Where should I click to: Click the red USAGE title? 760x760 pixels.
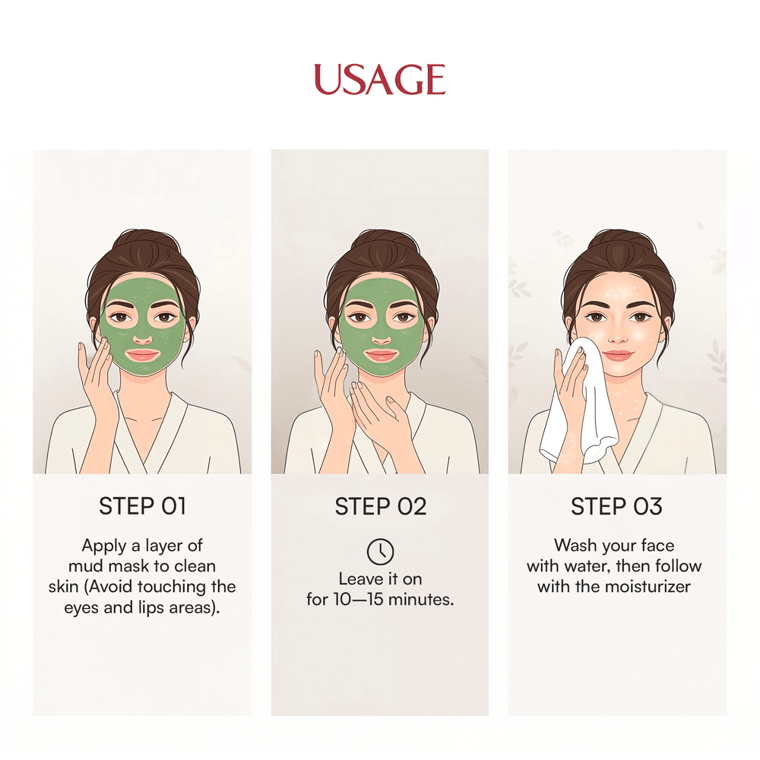tap(379, 79)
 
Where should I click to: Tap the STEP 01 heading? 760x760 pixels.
tap(143, 506)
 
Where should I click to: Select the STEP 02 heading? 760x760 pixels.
tap(381, 506)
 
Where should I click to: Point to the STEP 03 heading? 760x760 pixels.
tap(616, 506)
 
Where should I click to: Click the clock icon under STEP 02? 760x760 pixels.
tap(381, 552)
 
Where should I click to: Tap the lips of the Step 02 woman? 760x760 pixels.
tap(382, 355)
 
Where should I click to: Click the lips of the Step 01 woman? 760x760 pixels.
tap(143, 355)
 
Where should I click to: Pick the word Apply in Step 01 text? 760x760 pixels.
tap(104, 546)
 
